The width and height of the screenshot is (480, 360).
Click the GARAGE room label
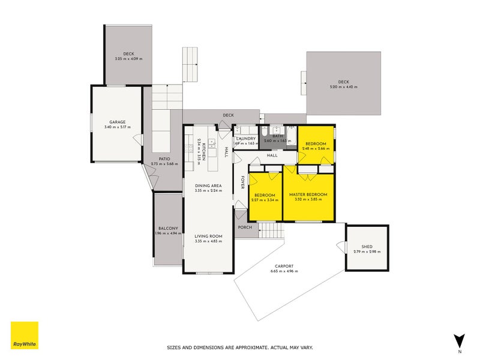pos(117,122)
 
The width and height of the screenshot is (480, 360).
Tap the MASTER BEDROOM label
pos(308,195)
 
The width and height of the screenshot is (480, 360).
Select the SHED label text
pos(367,247)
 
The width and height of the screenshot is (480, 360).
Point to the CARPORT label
pos(284,266)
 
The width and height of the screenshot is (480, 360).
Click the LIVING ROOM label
pos(208,236)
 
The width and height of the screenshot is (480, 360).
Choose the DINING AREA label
pos(208,186)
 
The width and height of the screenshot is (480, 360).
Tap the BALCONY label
pos(168,228)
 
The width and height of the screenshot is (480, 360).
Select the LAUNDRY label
pos(246,139)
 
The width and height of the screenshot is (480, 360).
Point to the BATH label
pos(277,136)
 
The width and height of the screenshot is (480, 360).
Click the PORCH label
pos(245,227)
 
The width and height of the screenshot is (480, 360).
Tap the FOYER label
pos(243,182)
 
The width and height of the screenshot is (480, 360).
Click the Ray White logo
pos(25,335)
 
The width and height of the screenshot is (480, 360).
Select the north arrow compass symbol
pos(460,341)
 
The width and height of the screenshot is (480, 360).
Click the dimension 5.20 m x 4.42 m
pos(343,88)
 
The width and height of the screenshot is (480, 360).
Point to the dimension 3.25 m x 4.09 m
pos(129,59)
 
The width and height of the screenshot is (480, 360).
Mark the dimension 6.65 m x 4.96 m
pos(284,271)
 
